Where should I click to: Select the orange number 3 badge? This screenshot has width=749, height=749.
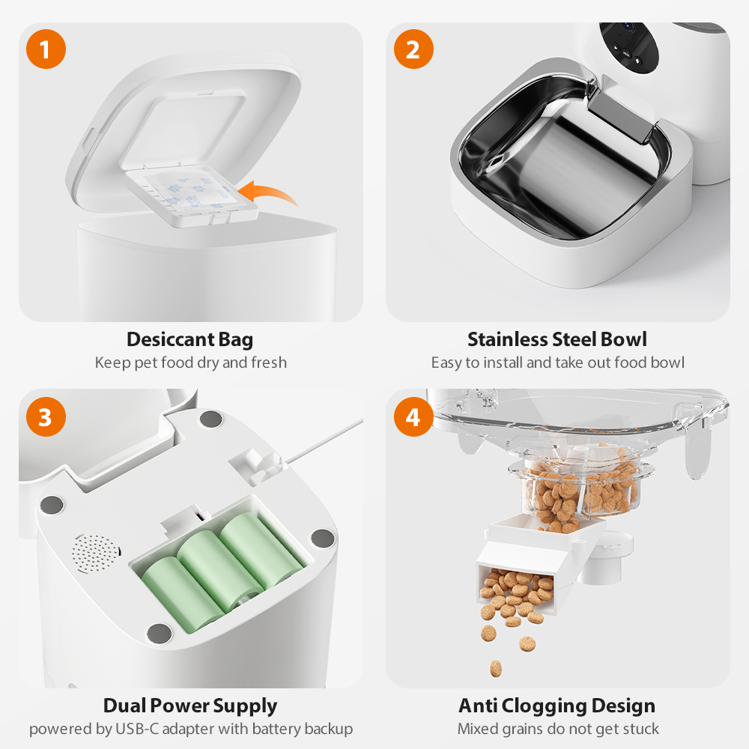coord(46,417)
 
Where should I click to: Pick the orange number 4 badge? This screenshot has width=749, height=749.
coord(413,417)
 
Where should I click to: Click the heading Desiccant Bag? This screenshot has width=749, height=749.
coord(190,339)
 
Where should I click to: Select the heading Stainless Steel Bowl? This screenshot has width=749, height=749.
coord(557,339)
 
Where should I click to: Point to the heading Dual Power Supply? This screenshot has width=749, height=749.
coord(190,706)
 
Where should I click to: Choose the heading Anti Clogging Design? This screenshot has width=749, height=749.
coord(557,706)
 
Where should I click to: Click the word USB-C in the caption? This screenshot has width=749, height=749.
coord(133,729)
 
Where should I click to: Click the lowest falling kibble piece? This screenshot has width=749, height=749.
coord(495,666)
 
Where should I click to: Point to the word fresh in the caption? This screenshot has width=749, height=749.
coord(269,363)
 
